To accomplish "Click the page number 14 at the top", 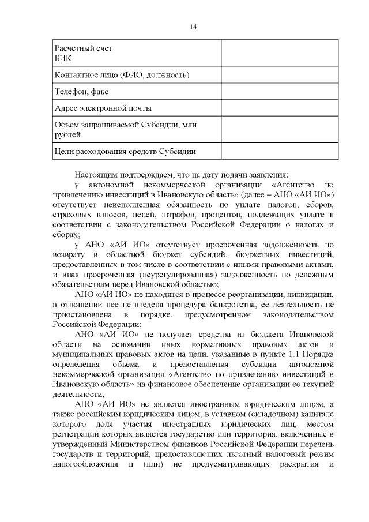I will point(193,27).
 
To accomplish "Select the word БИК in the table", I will point(62,58).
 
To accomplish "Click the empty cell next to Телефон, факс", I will point(279,92).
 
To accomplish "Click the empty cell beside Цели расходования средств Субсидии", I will point(279,152).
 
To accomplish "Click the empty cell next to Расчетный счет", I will point(279,52).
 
